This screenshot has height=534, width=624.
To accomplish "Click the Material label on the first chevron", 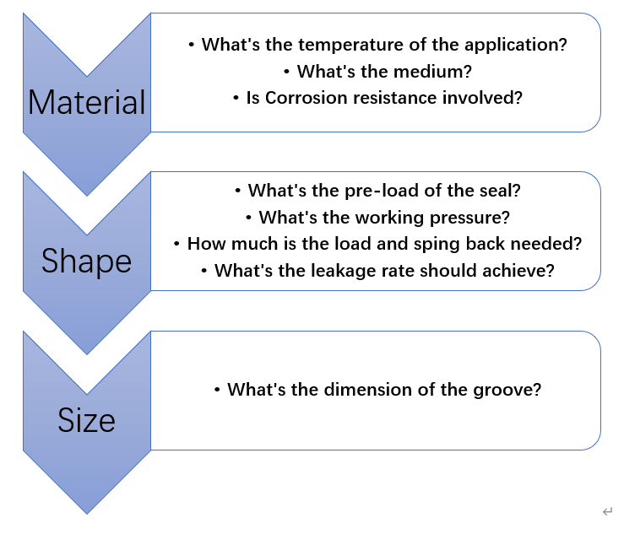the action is (87, 102).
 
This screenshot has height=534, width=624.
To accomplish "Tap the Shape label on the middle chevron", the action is (87, 261).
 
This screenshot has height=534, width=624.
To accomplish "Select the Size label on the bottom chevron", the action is (87, 420).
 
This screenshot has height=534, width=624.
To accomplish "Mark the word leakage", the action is (343, 271).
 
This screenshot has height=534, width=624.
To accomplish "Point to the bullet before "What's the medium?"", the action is (286, 72).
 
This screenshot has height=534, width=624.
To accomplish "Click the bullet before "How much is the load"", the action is (176, 244).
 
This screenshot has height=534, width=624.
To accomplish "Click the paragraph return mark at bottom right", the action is (607, 511).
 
